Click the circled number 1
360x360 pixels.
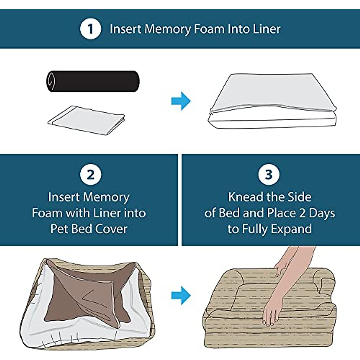[x=90, y=29]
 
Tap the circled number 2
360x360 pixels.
[x=90, y=175]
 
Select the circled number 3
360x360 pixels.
[x=269, y=174]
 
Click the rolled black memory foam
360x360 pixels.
[x=93, y=81]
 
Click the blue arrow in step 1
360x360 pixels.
[x=181, y=101]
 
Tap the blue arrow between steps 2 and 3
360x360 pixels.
[x=181, y=295]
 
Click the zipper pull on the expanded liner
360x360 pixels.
[x=211, y=112]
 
